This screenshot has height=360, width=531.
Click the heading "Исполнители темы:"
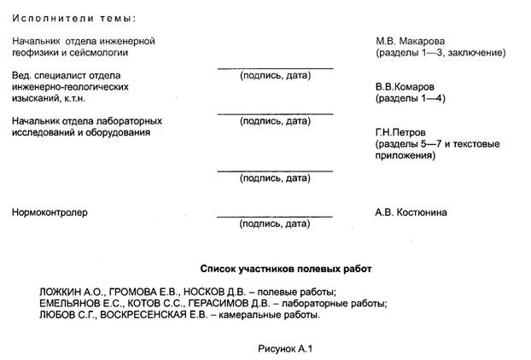point(74,18)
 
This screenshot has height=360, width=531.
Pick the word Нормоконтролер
point(50,212)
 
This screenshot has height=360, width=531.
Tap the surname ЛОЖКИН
point(61,291)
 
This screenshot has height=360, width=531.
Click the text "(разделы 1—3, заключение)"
point(441,53)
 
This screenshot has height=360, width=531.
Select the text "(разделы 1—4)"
point(411,98)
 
